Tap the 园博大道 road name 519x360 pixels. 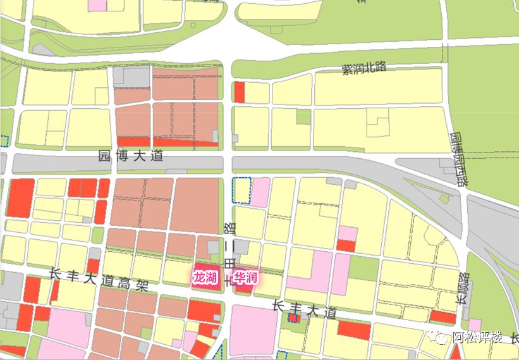click(x=131, y=156)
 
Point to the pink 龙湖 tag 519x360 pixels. click(x=205, y=277)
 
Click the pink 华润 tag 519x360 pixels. click(x=245, y=277)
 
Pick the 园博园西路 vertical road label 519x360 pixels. click(x=458, y=158)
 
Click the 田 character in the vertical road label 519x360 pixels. click(x=229, y=261)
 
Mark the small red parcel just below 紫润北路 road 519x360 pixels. click(x=239, y=92)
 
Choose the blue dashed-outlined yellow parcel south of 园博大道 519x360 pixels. click(x=241, y=192)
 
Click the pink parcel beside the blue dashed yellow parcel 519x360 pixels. click(x=260, y=192)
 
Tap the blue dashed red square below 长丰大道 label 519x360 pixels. click(x=293, y=318)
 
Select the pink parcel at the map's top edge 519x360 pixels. click(x=97, y=4)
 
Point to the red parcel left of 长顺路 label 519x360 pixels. click(x=443, y=317)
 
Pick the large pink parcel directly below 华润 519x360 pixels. click(x=253, y=329)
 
